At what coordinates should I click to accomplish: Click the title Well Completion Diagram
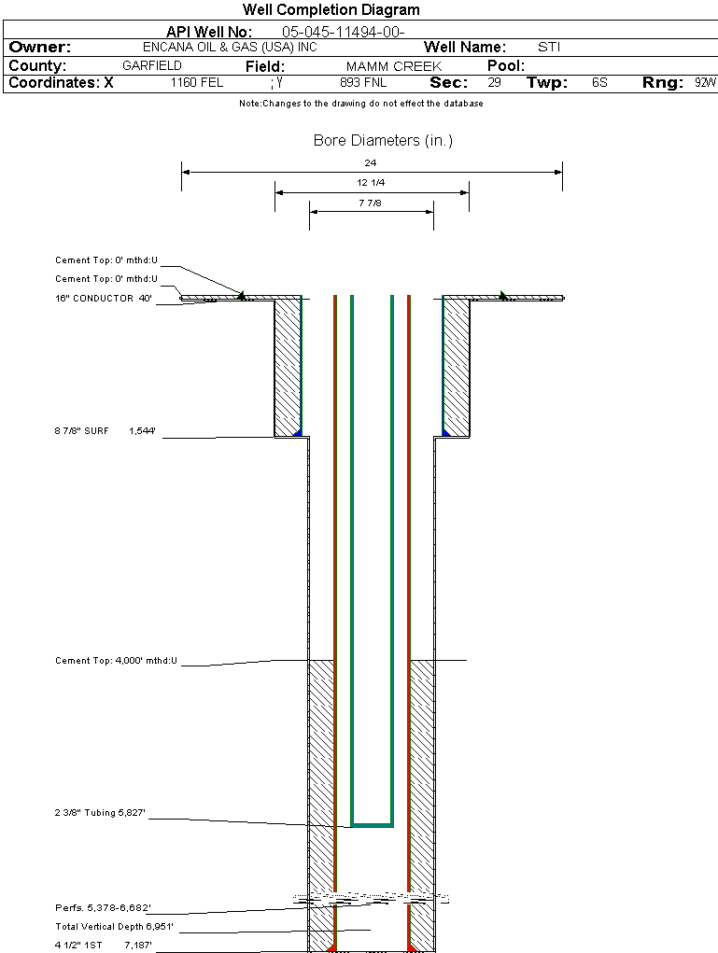point(331,10)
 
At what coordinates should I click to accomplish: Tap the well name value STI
point(549,47)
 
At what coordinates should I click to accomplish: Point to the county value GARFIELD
point(152,66)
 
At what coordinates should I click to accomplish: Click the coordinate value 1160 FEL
point(197,83)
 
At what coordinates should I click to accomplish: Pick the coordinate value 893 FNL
point(363,83)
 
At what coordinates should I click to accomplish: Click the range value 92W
point(705,83)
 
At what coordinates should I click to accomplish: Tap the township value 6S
point(599,83)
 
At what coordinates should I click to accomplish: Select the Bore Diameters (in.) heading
point(383,141)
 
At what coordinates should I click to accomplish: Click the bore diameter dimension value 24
point(371,163)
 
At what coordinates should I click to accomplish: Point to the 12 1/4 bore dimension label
point(371,183)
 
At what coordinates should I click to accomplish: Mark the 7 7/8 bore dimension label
point(371,203)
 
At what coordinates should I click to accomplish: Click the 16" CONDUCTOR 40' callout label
point(103,299)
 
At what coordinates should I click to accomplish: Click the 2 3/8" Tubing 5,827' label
point(101,814)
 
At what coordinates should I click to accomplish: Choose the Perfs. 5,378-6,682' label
point(103,907)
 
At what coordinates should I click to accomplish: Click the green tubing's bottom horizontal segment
point(372,825)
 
